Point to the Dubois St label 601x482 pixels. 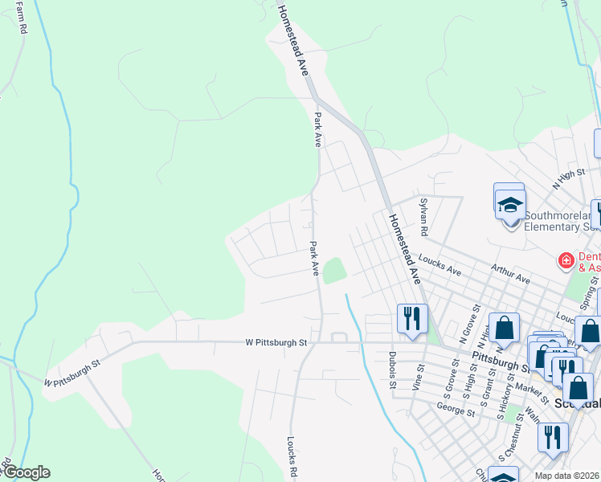point(393,372)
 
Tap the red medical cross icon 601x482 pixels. point(566,260)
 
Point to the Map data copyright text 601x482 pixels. point(567,476)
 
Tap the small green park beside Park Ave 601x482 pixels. point(334,269)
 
